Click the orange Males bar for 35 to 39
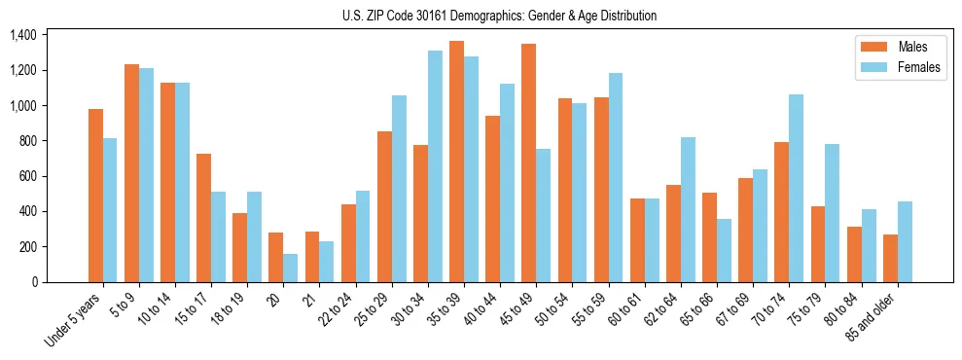point(456,162)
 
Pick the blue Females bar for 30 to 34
point(435,166)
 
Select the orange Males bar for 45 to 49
point(528,162)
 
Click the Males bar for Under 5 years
point(95,196)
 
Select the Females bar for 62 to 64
point(688,209)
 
